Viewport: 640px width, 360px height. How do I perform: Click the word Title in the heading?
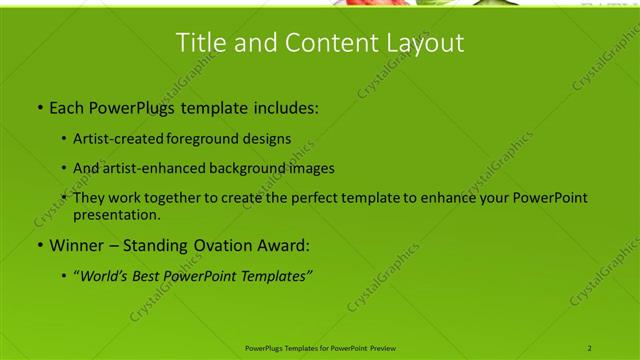(x=199, y=43)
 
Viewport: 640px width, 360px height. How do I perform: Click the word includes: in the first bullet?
(x=285, y=106)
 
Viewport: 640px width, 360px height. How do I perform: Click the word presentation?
(x=116, y=215)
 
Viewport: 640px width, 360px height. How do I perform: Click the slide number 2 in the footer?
(x=590, y=348)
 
